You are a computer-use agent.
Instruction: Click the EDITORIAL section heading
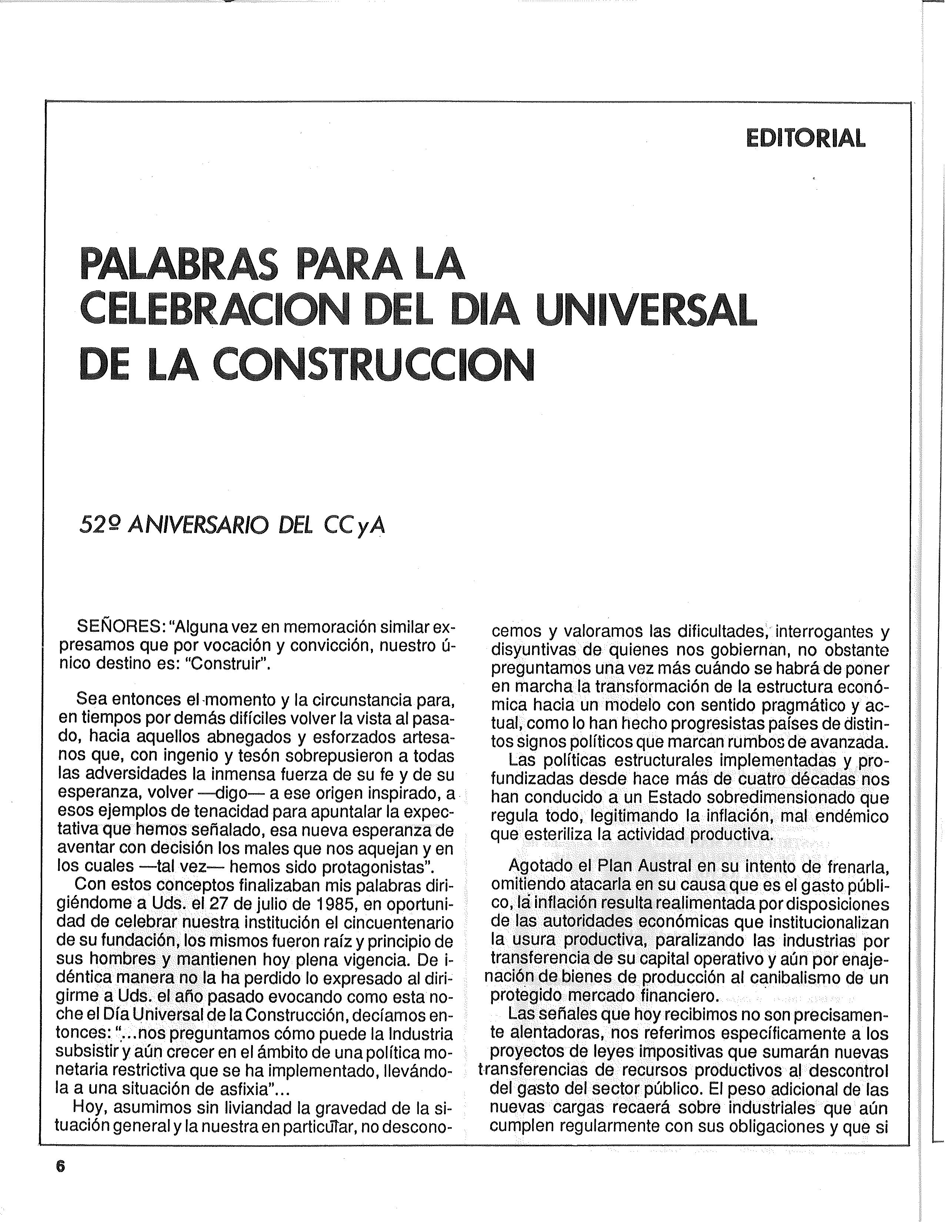click(x=806, y=138)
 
